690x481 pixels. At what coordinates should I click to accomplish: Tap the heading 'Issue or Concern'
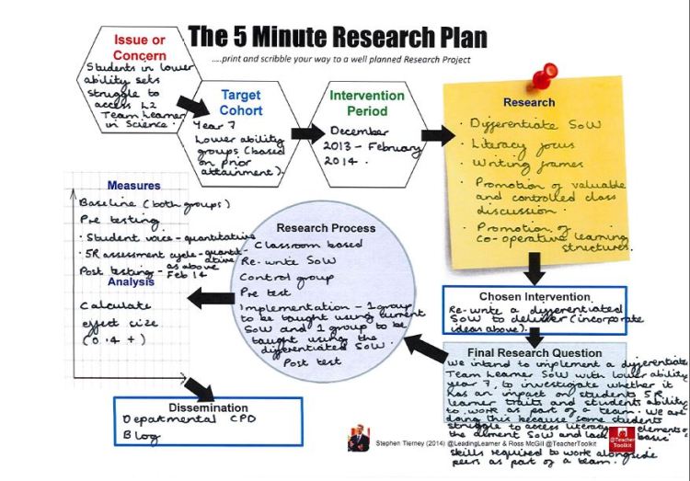coord(138,47)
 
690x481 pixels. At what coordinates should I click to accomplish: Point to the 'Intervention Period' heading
coord(367,102)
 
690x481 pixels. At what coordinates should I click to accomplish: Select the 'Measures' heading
coord(133,186)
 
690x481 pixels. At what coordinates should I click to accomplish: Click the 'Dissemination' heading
coord(209,407)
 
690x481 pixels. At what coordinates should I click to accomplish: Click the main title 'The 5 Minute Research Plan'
coord(338,37)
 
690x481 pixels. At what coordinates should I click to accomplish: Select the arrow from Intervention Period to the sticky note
coord(435,135)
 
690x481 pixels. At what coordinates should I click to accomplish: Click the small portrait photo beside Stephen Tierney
coord(358,441)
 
